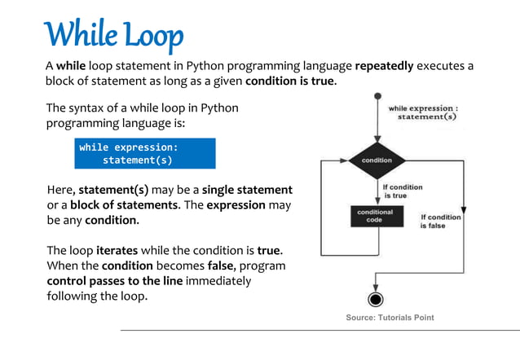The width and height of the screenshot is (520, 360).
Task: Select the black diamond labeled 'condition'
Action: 377,160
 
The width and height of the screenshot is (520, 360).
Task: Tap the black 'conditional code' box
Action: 375,216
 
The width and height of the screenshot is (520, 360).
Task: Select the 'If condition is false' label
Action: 440,221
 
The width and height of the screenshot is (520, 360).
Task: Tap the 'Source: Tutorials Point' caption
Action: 390,318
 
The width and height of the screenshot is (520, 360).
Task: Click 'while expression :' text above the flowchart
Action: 422,108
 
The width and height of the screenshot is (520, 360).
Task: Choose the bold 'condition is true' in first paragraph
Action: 289,81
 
